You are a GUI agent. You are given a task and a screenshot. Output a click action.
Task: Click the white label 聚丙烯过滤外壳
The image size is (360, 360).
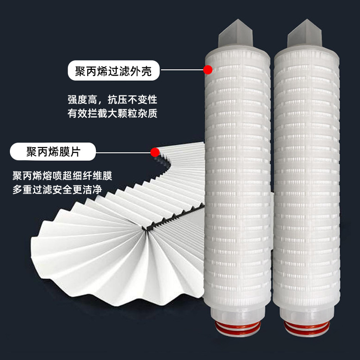click(x=114, y=71)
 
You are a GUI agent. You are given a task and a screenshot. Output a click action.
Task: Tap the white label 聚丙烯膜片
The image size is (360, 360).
click(x=53, y=152)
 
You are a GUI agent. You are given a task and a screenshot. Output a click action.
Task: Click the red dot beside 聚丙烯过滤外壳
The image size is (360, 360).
click(x=207, y=70)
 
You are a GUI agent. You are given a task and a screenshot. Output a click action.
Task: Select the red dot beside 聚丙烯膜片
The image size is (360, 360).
click(x=155, y=152)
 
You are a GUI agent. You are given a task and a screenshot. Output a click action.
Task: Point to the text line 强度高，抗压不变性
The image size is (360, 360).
click(x=112, y=100)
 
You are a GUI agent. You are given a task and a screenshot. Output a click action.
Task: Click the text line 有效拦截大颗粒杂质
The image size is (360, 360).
click(x=112, y=114)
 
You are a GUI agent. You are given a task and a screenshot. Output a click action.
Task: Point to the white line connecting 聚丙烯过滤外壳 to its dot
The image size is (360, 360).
click(x=182, y=70)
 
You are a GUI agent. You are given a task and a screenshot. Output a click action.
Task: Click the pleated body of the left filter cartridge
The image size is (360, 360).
click(x=237, y=180)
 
